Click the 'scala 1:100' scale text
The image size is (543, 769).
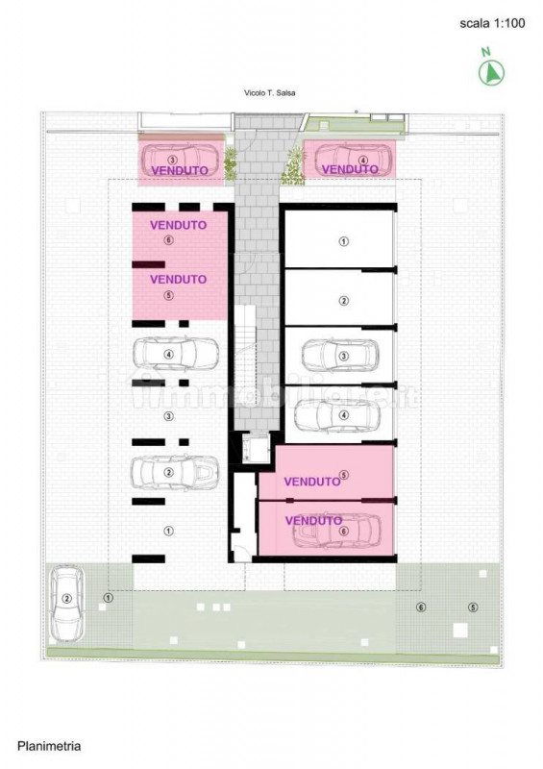click(x=493, y=25)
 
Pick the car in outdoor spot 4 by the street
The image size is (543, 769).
click(x=350, y=159)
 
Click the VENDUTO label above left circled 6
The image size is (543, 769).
click(x=178, y=225)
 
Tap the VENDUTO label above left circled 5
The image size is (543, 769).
click(x=178, y=279)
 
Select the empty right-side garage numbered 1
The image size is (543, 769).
click(x=341, y=241)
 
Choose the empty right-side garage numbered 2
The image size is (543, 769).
click(x=341, y=300)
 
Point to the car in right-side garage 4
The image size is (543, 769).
click(x=336, y=415)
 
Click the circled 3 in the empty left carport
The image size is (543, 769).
click(x=169, y=416)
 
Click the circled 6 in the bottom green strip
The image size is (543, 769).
click(x=420, y=608)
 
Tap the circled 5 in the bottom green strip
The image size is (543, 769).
click(x=472, y=608)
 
